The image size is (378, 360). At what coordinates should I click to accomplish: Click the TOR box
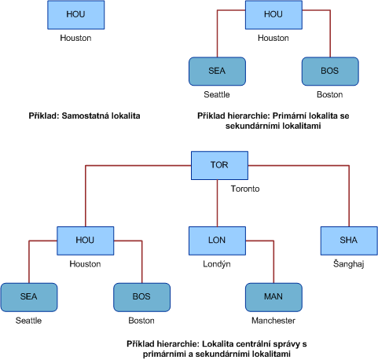[219, 165]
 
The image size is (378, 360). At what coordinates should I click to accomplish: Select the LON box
[217, 241]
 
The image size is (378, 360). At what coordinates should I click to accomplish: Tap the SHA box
[349, 241]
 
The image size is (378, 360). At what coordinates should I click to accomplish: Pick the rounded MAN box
[273, 297]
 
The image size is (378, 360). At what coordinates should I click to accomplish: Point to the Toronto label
[245, 189]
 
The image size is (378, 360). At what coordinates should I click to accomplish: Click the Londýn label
[217, 264]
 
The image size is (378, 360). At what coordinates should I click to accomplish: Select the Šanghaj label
[349, 264]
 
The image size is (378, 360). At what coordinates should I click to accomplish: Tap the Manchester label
[273, 321]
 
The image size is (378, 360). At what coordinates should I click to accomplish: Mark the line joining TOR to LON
[217, 203]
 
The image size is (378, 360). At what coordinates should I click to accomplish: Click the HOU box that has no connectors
[76, 15]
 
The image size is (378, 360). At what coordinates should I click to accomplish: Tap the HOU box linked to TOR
[86, 241]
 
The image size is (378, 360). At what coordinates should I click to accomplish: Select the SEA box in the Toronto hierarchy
[29, 297]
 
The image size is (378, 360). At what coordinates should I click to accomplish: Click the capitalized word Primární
[289, 116]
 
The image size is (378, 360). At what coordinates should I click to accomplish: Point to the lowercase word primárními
[167, 354]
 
